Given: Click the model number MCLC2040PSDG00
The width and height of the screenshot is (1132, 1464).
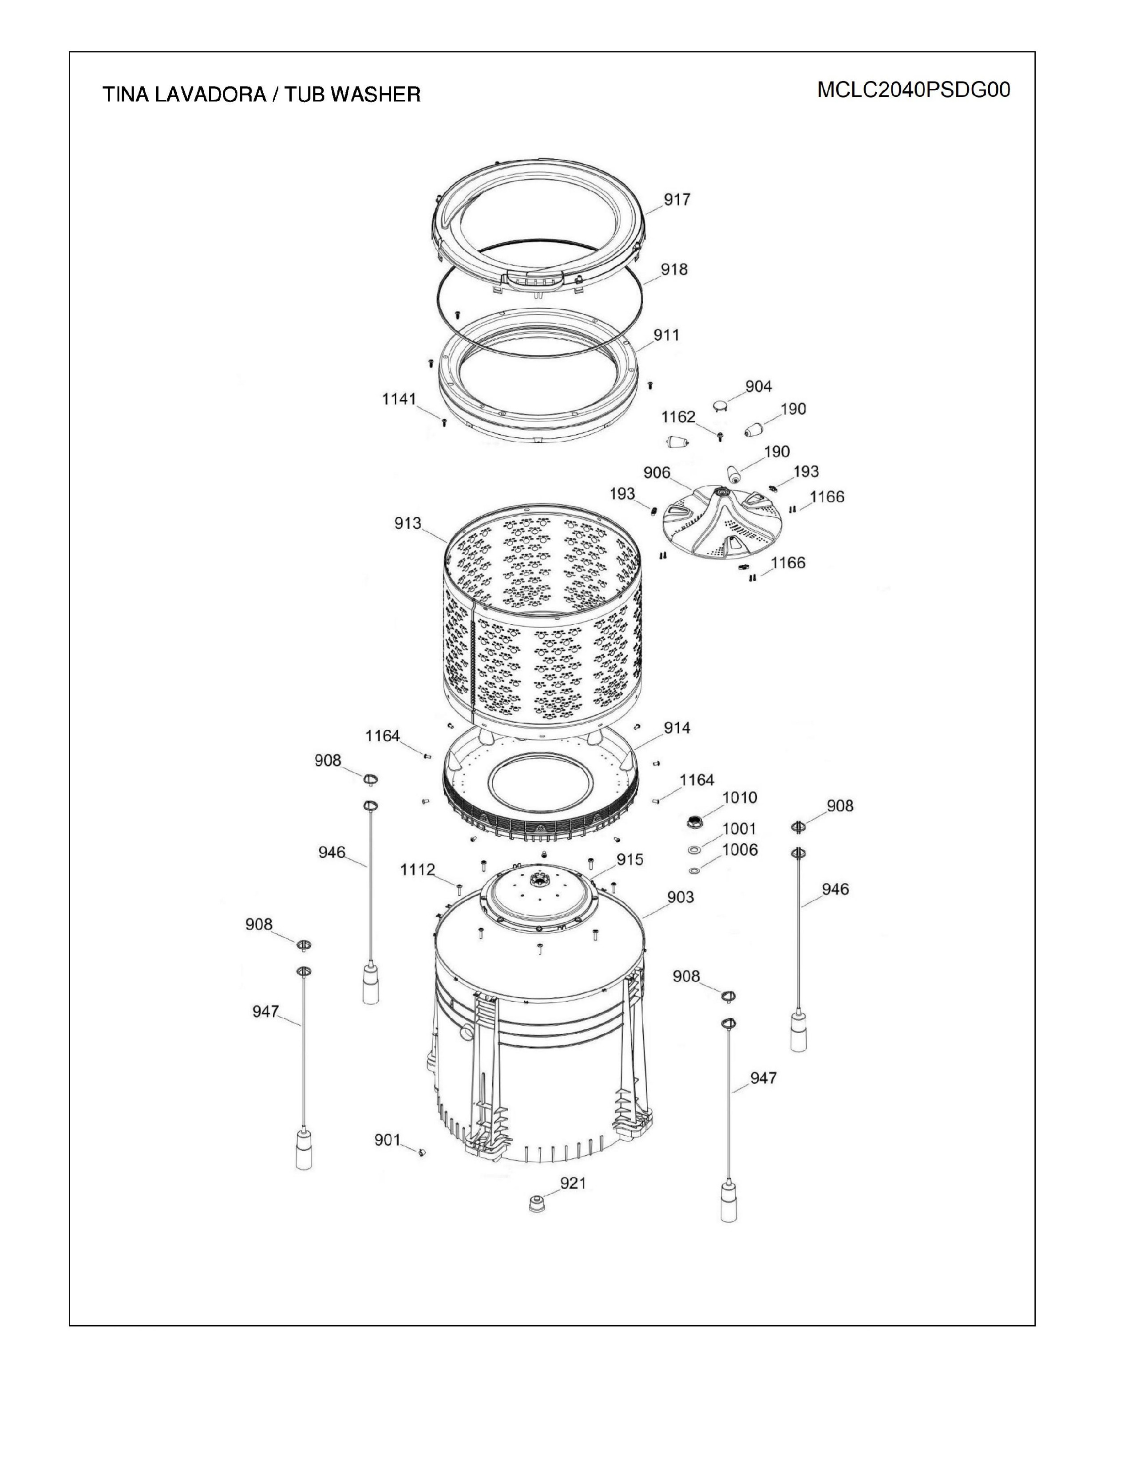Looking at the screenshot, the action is (914, 90).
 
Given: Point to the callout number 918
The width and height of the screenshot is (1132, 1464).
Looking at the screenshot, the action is (674, 269).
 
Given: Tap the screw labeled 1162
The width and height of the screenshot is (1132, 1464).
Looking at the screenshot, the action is (720, 437).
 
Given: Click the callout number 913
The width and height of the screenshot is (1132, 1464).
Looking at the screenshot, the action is (408, 523).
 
